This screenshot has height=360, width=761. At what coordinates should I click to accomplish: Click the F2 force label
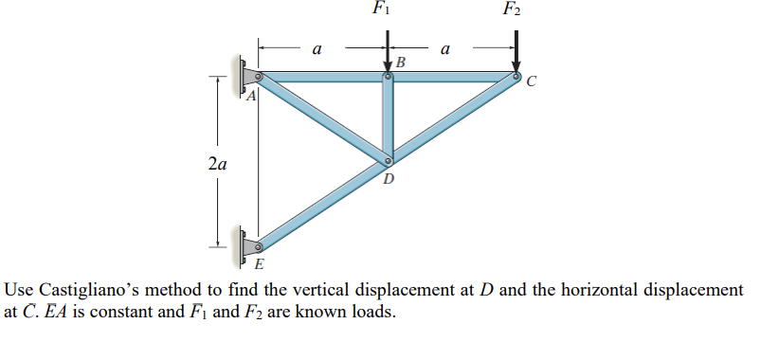(x=512, y=10)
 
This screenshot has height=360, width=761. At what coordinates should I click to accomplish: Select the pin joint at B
(x=388, y=77)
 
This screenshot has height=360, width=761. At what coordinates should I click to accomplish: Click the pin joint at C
(x=516, y=76)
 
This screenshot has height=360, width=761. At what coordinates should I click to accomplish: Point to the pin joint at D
(x=388, y=162)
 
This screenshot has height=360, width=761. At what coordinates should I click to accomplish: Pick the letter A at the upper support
(x=252, y=96)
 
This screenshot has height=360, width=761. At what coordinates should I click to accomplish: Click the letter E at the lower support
(x=261, y=261)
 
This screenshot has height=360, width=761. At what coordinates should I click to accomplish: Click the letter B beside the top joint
(x=401, y=63)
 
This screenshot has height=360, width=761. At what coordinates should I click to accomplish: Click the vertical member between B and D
(x=388, y=118)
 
